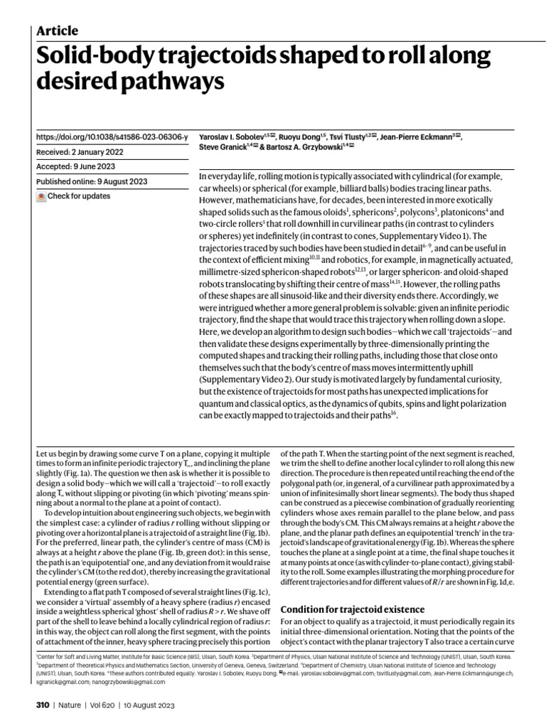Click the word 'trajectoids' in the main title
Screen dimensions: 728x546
point(209,55)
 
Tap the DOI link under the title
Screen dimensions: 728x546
point(112,136)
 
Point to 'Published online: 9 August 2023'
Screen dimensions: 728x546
point(91,181)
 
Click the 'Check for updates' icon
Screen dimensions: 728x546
point(41,196)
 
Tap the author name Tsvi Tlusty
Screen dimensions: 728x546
point(348,136)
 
